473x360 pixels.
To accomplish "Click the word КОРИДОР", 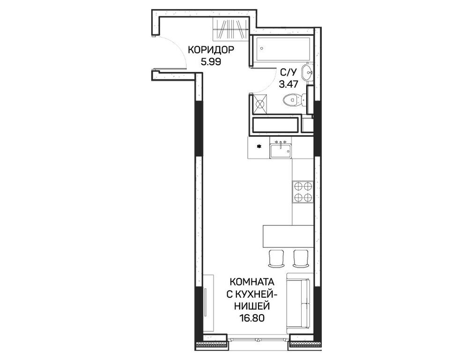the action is point(211,50).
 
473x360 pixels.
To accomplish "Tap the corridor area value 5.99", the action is point(211,61).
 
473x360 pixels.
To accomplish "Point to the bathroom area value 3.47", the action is point(288,84).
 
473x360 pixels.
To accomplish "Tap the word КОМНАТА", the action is point(252,282).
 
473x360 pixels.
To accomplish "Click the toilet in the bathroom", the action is point(295,100).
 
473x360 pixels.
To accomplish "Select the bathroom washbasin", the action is point(308,73).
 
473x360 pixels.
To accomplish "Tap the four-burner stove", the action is point(303,192).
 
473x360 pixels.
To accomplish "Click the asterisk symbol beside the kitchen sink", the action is point(259,147).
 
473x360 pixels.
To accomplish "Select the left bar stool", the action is point(276,258).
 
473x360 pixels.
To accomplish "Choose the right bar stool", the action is point(301,258).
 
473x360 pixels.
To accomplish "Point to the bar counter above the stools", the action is point(288,236).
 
